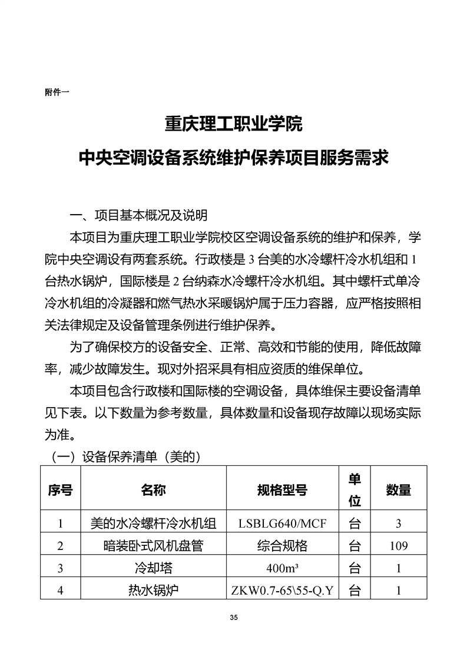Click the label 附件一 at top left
click(57, 92)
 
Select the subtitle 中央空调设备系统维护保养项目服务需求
click(233, 157)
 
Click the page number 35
click(234, 617)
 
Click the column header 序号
click(60, 490)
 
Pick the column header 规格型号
click(282, 490)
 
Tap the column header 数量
click(398, 490)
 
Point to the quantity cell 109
click(398, 546)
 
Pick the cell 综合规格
click(282, 546)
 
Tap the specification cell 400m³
click(282, 568)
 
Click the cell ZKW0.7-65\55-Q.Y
click(282, 590)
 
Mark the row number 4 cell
click(60, 590)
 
